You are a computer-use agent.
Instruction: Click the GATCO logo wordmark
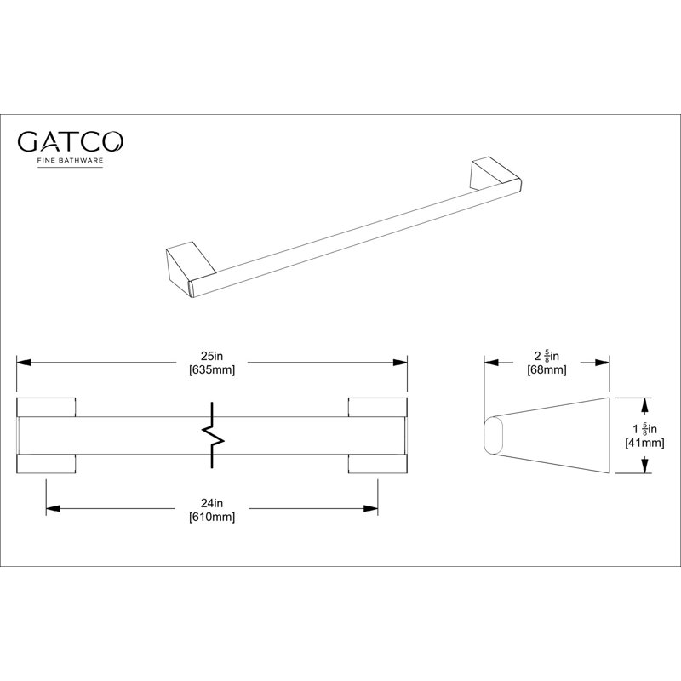pyautogui.click(x=70, y=141)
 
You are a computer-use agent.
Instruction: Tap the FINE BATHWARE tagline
pyautogui.click(x=70, y=160)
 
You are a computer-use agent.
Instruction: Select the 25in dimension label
pyautogui.click(x=212, y=356)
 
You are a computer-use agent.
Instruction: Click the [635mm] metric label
pyautogui.click(x=212, y=370)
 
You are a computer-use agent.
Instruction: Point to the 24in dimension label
pyautogui.click(x=212, y=503)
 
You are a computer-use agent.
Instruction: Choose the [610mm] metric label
pyautogui.click(x=212, y=517)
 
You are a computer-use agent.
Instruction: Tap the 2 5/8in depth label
pyautogui.click(x=547, y=356)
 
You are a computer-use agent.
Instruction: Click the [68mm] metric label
pyautogui.click(x=547, y=370)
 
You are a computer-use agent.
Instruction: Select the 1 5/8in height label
pyautogui.click(x=644, y=429)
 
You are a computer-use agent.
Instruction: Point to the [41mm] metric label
pyautogui.click(x=644, y=443)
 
